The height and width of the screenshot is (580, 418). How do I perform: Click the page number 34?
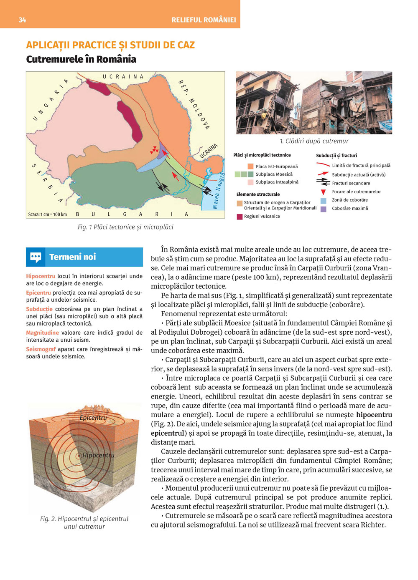click(22, 20)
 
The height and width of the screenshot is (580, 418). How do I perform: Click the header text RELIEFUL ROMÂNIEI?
click(204, 20)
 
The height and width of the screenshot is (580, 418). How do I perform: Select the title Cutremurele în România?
click(81, 59)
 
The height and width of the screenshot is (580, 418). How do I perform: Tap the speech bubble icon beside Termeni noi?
click(36, 257)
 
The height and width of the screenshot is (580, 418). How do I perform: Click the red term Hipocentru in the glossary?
click(41, 276)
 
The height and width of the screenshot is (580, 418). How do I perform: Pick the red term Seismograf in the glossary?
click(41, 349)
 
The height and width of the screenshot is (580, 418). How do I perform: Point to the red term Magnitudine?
click(42, 333)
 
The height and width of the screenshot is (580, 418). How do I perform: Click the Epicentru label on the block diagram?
click(93, 418)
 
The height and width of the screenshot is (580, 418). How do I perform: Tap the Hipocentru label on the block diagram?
click(98, 455)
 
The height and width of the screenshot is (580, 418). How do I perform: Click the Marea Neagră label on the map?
click(219, 191)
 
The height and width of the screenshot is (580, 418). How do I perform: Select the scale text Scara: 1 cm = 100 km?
click(47, 214)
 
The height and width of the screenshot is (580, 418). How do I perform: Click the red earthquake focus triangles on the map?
click(155, 149)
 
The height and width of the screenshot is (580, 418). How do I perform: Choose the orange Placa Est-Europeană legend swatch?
click(250, 166)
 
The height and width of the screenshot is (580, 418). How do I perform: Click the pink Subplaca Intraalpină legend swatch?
click(250, 182)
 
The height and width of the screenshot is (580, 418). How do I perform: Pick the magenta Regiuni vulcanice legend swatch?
click(240, 217)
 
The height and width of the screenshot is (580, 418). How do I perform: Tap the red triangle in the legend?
click(323, 192)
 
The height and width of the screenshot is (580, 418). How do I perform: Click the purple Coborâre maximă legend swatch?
click(323, 209)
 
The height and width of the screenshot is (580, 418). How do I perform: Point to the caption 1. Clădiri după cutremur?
click(314, 141)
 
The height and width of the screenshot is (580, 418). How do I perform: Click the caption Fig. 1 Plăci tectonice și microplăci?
click(125, 227)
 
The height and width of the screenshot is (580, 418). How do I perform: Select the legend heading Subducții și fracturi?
click(336, 156)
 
